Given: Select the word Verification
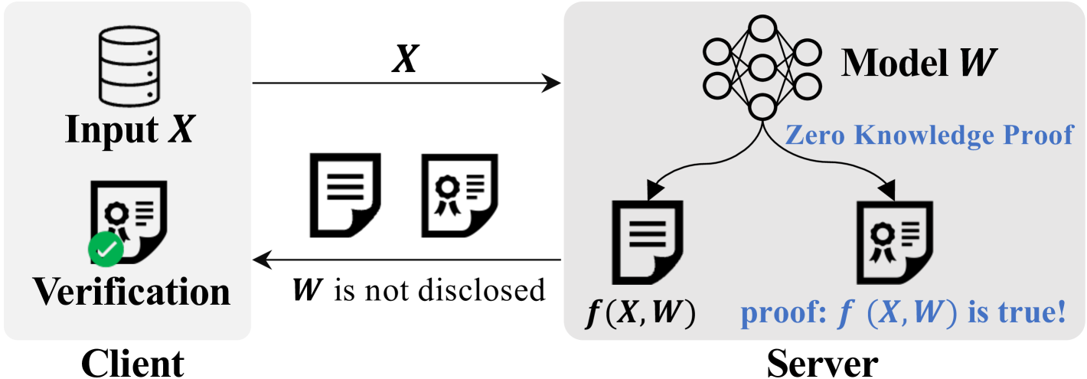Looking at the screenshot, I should point(131,292).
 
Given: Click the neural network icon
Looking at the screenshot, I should point(762,67).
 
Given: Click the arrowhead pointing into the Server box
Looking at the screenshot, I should point(551,83).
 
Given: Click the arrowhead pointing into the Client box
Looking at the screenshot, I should point(263,260).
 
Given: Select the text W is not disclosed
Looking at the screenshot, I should point(419,291).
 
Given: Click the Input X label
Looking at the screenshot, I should point(129,129).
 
